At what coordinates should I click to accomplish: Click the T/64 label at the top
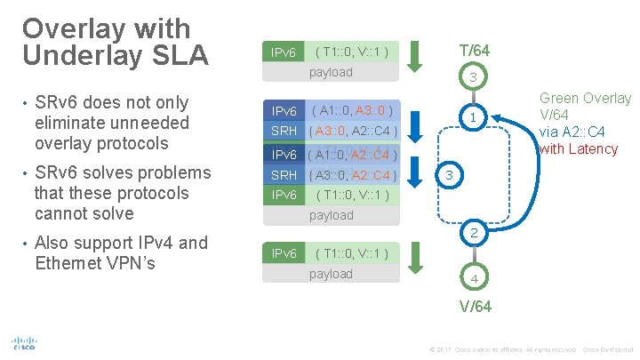click(x=474, y=51)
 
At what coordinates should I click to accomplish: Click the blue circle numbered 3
click(x=450, y=177)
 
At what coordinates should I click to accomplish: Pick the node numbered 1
click(x=475, y=117)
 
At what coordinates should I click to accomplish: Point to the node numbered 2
click(x=475, y=233)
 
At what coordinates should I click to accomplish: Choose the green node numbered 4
click(x=474, y=279)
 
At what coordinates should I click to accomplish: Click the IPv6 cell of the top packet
click(x=284, y=52)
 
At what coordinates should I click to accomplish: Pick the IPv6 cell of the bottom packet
click(x=284, y=254)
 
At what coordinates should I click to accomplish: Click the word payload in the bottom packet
click(x=331, y=274)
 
